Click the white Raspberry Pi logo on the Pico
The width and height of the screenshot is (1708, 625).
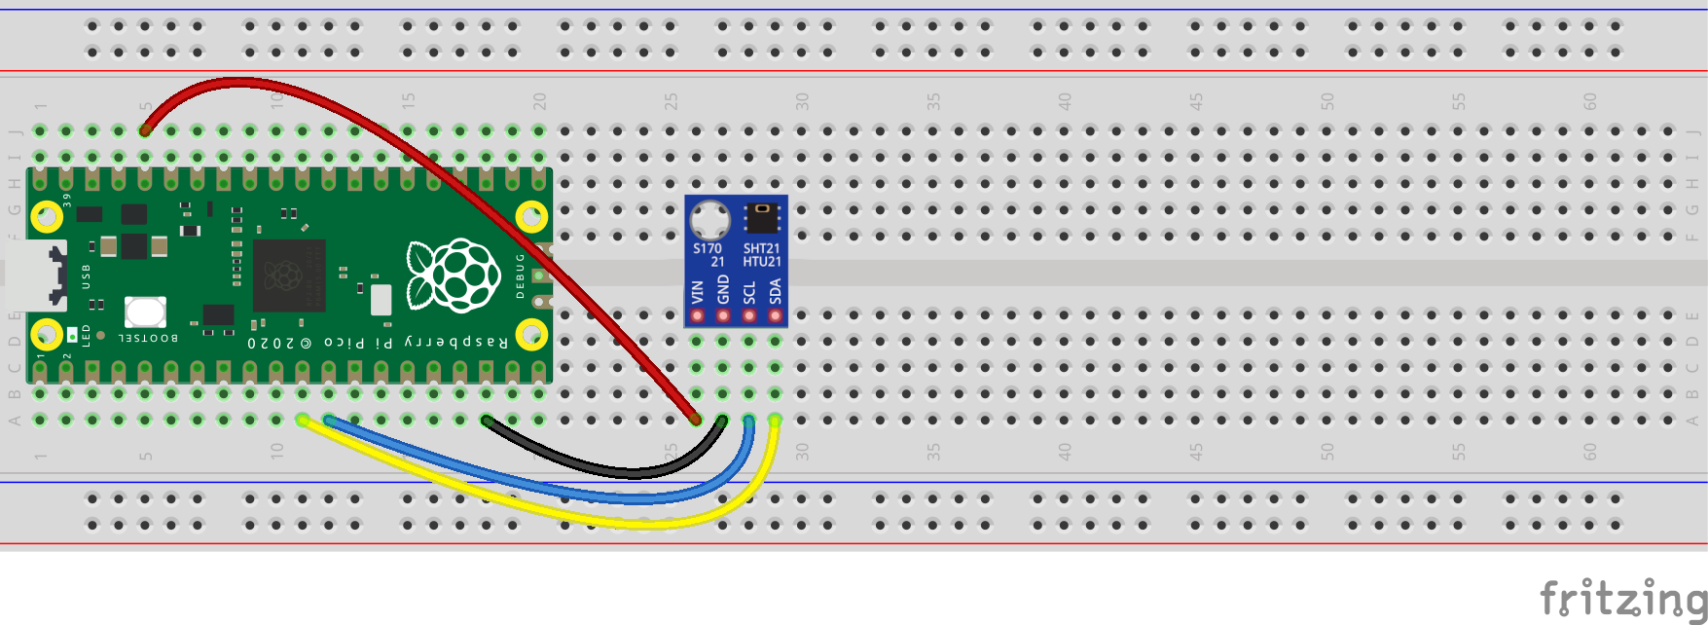(x=454, y=276)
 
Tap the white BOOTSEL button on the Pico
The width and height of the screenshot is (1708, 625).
(x=145, y=312)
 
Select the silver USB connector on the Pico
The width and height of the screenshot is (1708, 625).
(x=35, y=276)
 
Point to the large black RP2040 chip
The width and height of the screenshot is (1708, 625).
(x=288, y=276)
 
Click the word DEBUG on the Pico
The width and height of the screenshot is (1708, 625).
(x=521, y=276)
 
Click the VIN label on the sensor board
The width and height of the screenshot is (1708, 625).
(x=697, y=291)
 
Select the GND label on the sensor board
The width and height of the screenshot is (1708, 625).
(x=723, y=289)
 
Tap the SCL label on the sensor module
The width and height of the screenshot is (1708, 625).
(x=749, y=292)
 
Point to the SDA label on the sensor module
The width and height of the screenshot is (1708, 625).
(x=776, y=291)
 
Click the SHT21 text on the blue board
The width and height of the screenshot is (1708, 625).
(x=762, y=248)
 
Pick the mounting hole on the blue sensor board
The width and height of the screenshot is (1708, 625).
(x=710, y=219)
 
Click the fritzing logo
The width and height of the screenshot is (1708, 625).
(x=1622, y=597)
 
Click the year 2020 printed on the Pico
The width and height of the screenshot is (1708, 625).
(x=271, y=344)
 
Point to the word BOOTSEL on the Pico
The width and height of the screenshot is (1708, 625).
(x=148, y=338)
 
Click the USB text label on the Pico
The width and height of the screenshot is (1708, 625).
(x=86, y=276)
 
